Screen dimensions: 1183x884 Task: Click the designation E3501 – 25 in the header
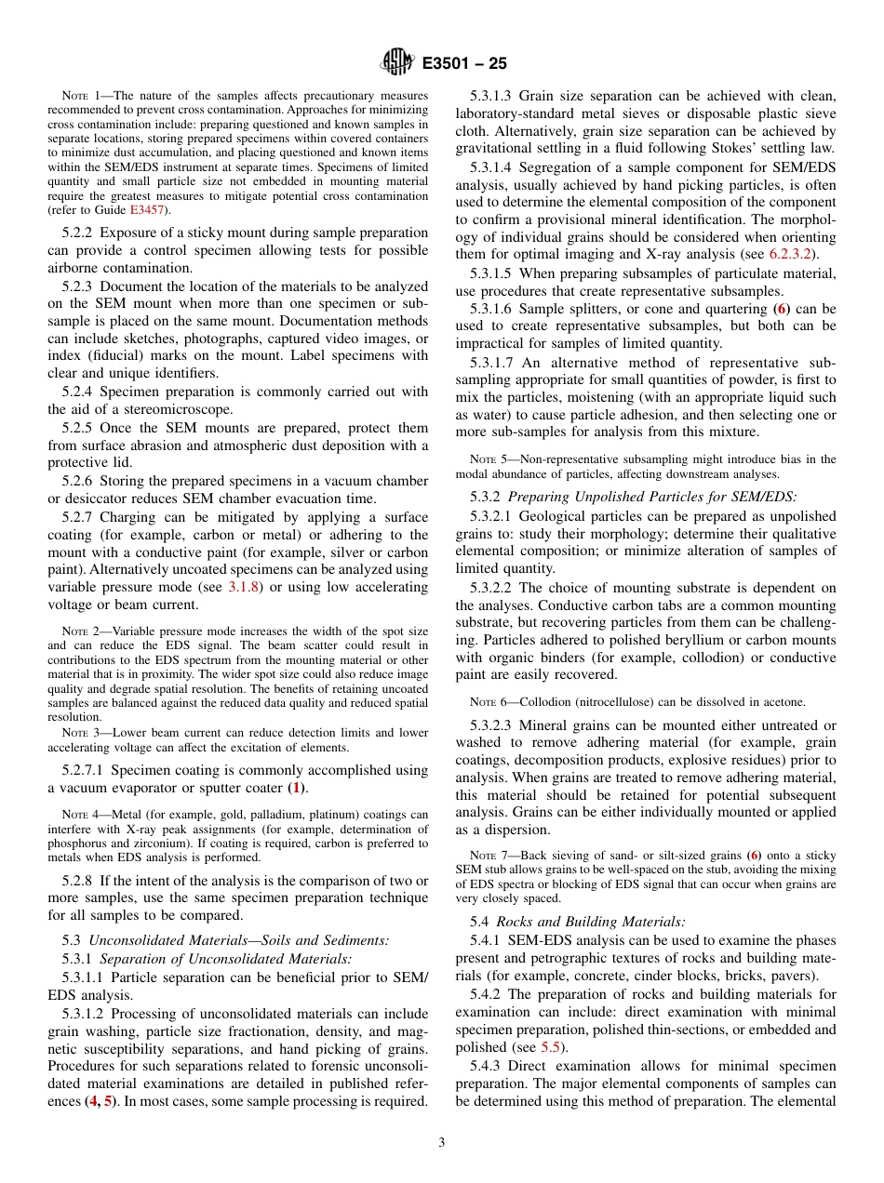[464, 64]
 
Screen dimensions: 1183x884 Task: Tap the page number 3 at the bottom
[442, 1143]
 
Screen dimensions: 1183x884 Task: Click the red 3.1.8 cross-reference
[245, 587]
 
